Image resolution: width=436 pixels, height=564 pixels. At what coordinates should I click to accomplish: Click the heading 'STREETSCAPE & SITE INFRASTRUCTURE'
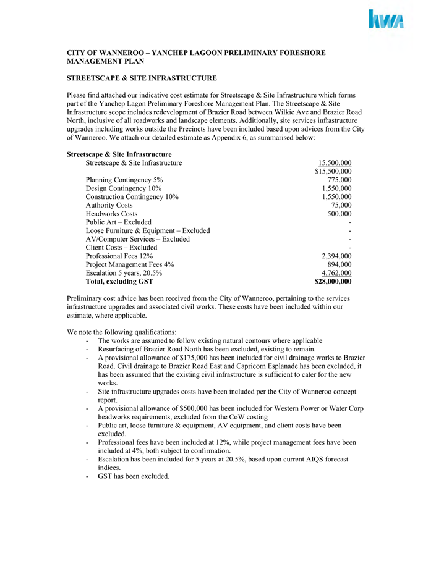click(x=142, y=78)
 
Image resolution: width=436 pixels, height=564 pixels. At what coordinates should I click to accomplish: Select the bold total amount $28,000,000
click(x=333, y=282)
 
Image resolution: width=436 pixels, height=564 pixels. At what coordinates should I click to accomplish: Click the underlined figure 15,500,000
click(x=335, y=162)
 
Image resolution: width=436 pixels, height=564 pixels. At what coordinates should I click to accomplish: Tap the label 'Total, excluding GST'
click(x=119, y=282)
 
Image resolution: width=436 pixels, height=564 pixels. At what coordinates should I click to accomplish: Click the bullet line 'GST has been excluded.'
click(x=133, y=476)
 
